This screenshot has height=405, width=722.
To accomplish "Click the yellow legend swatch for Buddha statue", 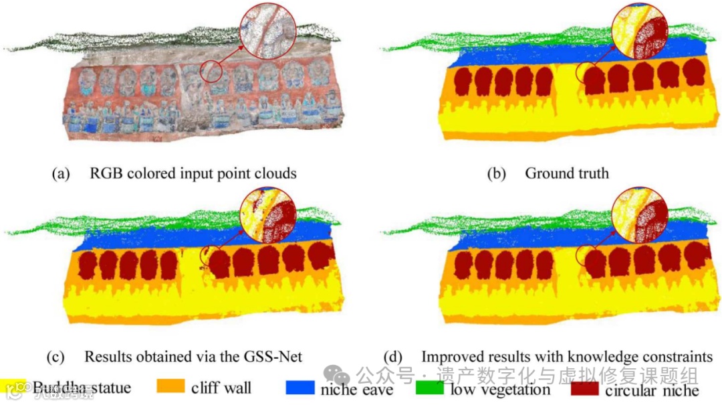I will [x=14, y=386].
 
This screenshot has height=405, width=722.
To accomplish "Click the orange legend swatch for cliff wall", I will [x=170, y=388].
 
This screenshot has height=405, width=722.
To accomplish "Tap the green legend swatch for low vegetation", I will [x=429, y=388].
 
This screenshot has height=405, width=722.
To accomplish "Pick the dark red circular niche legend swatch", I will [x=586, y=388].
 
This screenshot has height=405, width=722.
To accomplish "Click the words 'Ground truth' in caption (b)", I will [x=566, y=173].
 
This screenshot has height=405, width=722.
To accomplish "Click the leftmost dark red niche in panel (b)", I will [x=463, y=82].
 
